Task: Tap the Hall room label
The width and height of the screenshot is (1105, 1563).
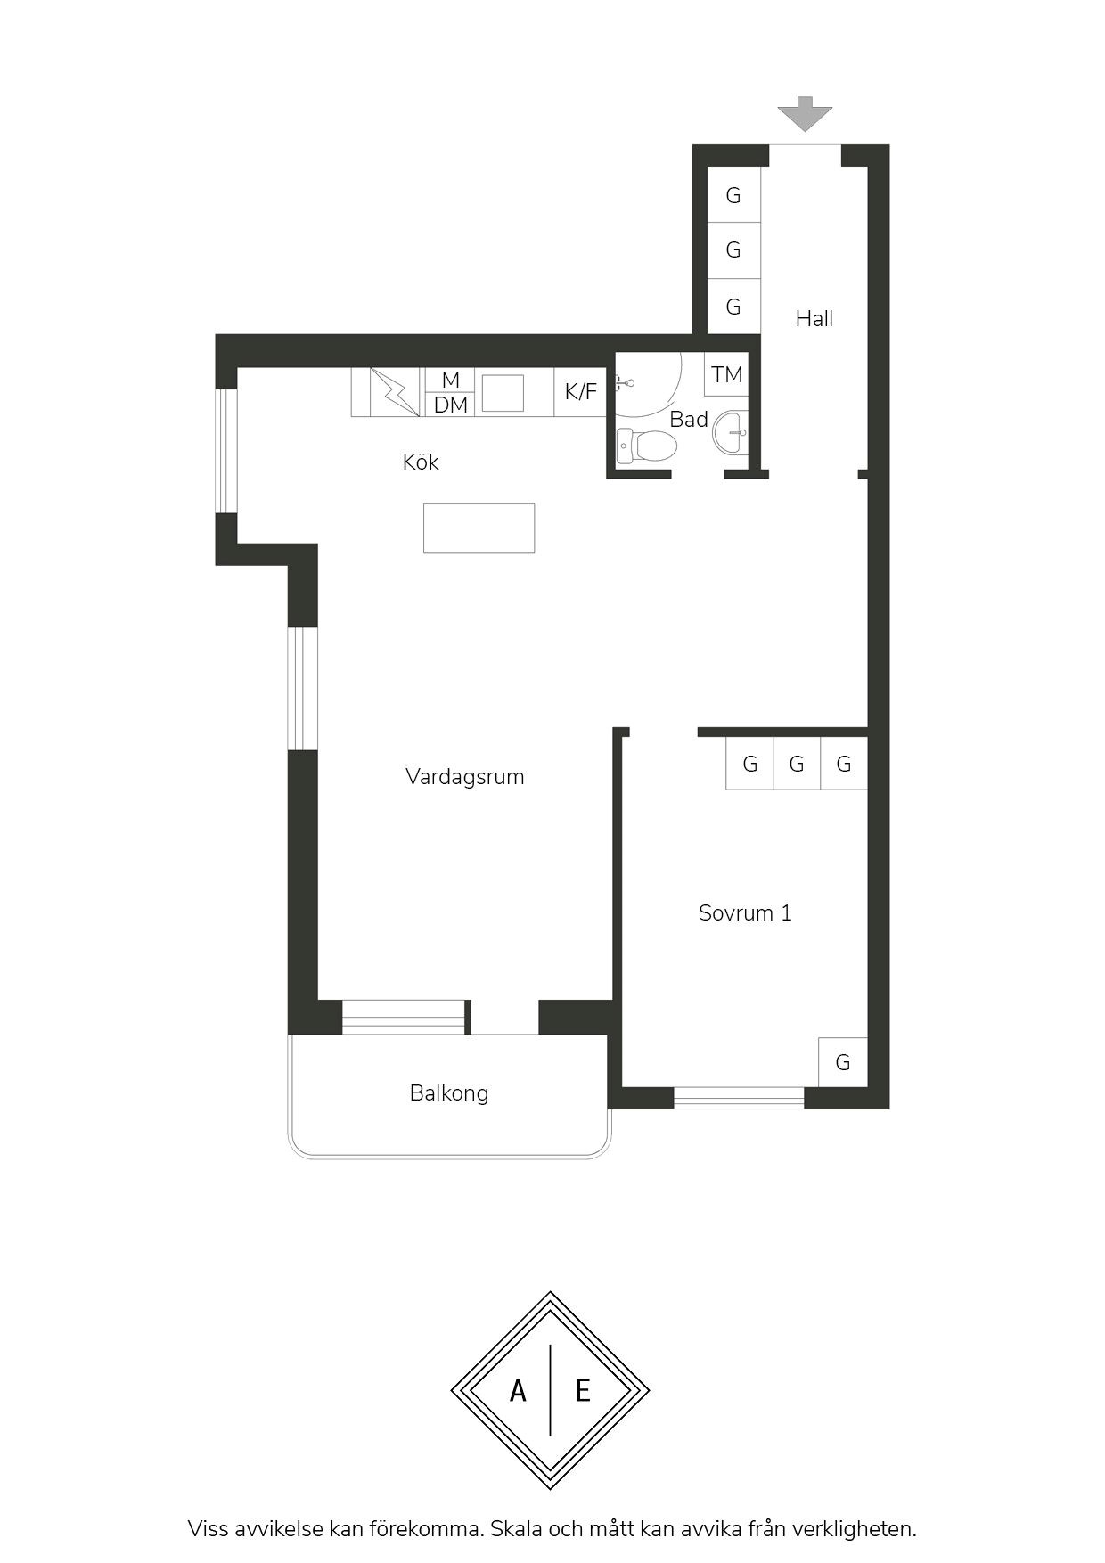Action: point(814,318)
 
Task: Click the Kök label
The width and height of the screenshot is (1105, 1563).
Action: point(421,462)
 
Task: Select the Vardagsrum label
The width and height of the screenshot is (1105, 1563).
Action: point(464,776)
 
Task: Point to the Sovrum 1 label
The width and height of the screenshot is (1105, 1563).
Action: point(745,912)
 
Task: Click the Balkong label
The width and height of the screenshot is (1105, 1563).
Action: point(449,1093)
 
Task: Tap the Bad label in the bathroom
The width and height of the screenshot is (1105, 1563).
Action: point(689,419)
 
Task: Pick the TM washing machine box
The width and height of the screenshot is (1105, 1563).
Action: point(727,374)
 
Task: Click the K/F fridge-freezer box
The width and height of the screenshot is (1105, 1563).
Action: point(580,391)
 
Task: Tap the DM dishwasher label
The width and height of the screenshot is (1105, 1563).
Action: point(451,405)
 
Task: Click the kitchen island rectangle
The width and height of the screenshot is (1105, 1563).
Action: point(479,528)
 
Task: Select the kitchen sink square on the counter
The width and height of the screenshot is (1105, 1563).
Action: point(503,393)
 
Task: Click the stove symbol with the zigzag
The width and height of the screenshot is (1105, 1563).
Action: point(396,391)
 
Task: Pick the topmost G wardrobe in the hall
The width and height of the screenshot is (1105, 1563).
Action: point(733,194)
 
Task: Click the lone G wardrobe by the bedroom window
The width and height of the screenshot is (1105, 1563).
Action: point(843,1062)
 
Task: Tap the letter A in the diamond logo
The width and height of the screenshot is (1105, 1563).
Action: point(518,1390)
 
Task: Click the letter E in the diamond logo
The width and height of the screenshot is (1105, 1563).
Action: point(583,1390)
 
